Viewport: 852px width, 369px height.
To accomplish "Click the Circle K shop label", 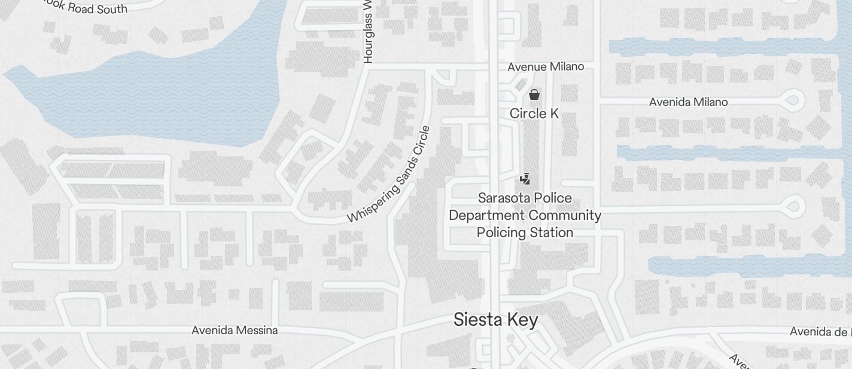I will (x=534, y=113).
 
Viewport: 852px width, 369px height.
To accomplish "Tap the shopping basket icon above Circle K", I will (x=534, y=95).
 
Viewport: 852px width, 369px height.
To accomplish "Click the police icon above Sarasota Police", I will (x=525, y=179).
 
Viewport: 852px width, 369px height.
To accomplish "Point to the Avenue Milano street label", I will (x=546, y=66).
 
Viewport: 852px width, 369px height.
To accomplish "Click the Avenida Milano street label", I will (x=688, y=102).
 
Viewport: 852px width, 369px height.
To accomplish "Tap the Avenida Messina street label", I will (x=235, y=330).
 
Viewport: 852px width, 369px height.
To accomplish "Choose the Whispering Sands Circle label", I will (x=390, y=174).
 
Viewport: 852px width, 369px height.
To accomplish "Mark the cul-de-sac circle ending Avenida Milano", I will (x=793, y=99).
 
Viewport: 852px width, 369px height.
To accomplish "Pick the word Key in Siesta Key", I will (x=522, y=320).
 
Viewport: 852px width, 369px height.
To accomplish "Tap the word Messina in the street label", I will (x=256, y=330).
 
